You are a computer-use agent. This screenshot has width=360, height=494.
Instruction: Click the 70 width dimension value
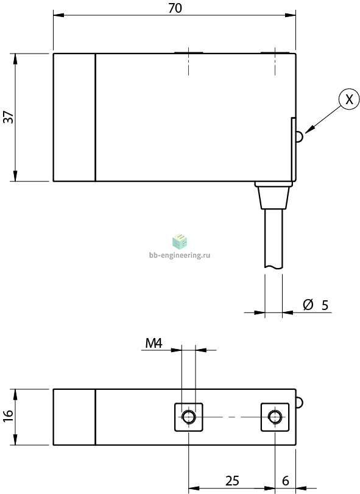tap(175, 8)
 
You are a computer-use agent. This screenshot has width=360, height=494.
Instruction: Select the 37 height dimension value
tap(9, 117)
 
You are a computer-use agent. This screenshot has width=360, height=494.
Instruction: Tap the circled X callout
tap(349, 99)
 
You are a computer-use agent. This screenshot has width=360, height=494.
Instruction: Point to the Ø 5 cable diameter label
tap(316, 305)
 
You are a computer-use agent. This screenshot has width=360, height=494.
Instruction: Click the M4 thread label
tap(154, 343)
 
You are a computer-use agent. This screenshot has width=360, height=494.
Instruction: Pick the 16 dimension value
tap(9, 416)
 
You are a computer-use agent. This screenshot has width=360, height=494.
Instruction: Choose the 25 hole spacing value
tap(232, 481)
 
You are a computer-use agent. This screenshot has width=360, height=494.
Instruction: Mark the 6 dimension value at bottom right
tap(285, 481)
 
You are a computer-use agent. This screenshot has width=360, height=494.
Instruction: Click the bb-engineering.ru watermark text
tap(180, 255)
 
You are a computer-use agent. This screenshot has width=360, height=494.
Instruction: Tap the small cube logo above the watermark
tap(180, 241)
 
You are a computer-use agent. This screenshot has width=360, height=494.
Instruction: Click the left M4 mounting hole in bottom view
tap(189, 417)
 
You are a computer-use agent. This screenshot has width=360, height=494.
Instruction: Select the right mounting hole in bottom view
tap(275, 417)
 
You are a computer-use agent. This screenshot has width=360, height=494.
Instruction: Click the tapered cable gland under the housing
tap(274, 197)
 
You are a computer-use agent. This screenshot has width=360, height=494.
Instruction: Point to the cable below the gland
tap(274, 239)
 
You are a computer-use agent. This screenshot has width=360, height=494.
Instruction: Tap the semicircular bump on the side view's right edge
tap(300, 136)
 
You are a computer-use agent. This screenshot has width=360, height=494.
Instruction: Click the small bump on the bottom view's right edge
tap(300, 403)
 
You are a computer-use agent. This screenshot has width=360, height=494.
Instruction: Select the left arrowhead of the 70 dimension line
tap(58, 15)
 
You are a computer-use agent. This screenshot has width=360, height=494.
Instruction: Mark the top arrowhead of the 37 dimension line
tap(15, 58)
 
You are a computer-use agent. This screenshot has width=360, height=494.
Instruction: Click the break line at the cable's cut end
tap(274, 268)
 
